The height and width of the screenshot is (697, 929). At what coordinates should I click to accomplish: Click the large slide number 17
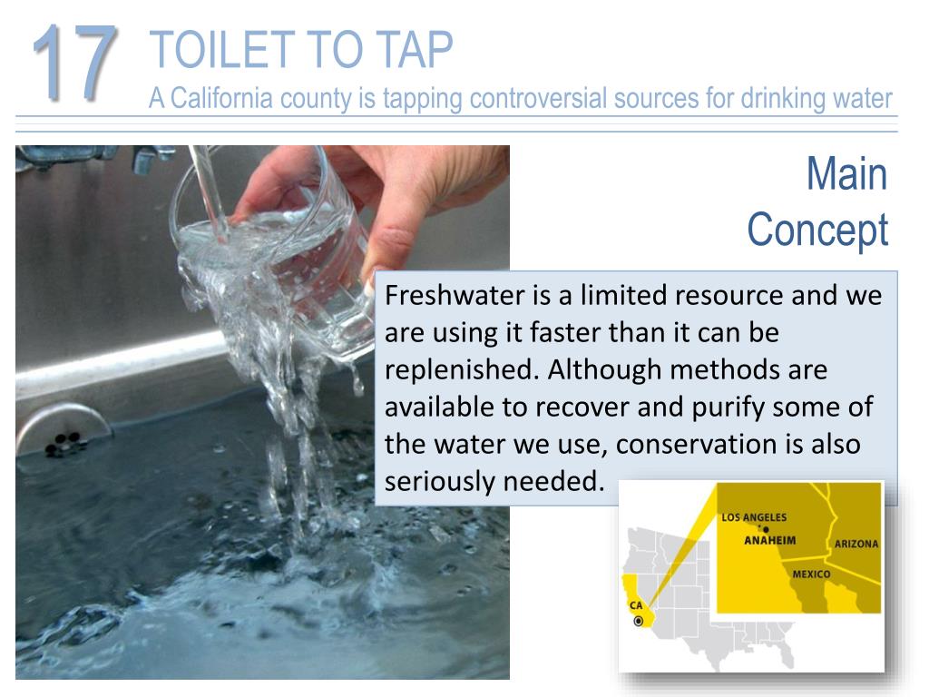tap(74, 62)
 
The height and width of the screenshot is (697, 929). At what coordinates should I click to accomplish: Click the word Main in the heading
tap(846, 173)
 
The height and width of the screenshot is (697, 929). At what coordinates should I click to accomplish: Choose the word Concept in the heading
tap(817, 231)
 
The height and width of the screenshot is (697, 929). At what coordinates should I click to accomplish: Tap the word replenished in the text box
tap(461, 370)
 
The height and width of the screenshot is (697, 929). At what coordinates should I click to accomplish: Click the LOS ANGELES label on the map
tap(754, 517)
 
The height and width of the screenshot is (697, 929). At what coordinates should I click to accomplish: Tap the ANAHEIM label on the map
tap(770, 540)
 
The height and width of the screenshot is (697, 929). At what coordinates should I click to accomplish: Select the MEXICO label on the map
tap(810, 574)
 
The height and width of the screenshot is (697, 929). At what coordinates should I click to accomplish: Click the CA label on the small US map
tap(636, 605)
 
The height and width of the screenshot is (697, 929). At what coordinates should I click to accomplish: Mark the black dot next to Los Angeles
tap(767, 529)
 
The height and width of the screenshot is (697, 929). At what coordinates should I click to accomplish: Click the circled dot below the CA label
tap(639, 621)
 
